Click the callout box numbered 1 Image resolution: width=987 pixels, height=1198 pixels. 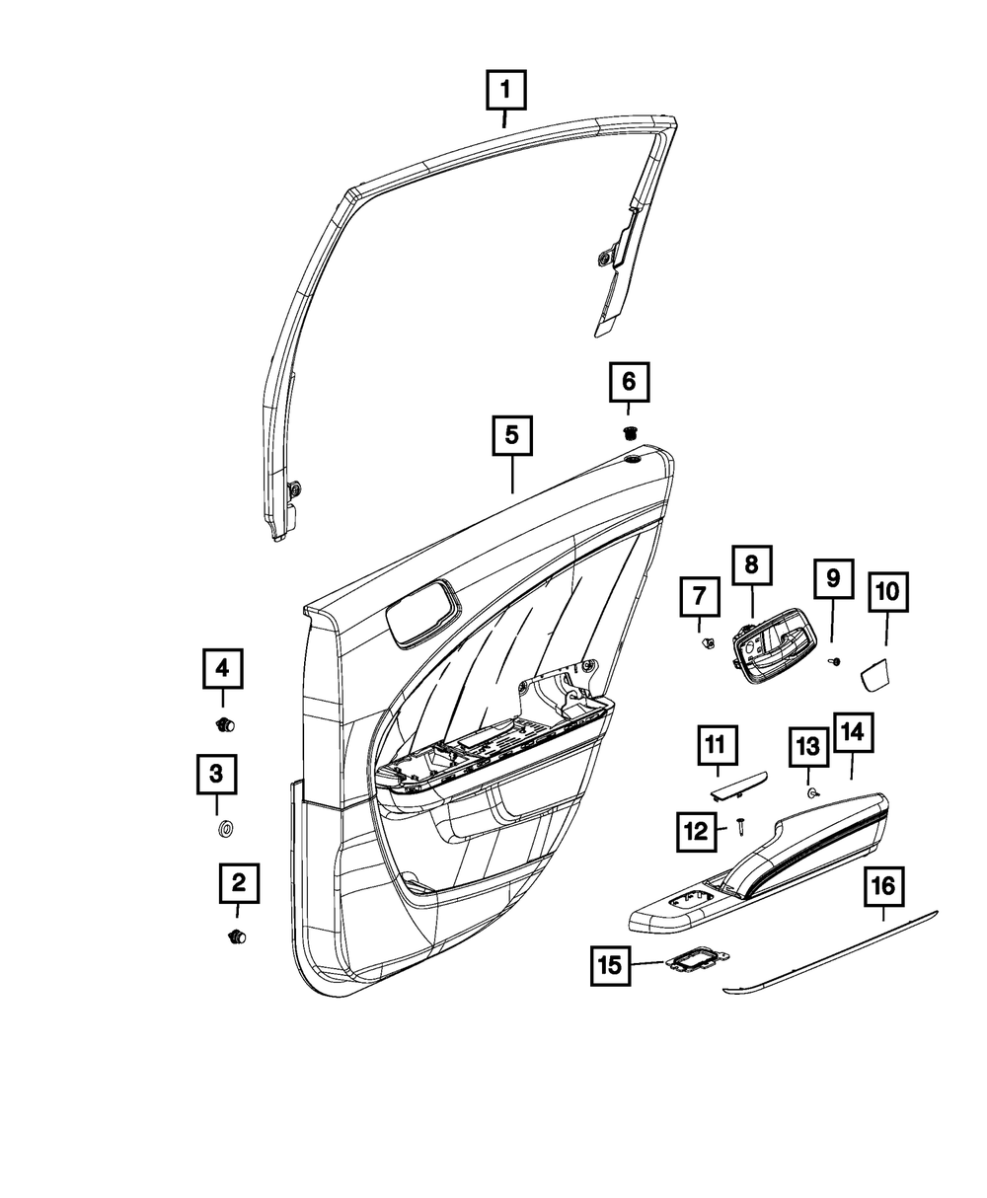504,93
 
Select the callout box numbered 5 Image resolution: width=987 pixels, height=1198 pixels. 512,436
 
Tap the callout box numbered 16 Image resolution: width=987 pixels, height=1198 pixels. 882,886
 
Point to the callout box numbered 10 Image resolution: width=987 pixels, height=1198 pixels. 886,592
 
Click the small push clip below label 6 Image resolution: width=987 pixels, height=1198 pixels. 630,430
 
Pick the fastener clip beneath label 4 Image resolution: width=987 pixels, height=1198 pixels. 225,726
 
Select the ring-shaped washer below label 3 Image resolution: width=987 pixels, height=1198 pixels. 224,827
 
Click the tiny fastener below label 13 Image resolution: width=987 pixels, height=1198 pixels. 810,792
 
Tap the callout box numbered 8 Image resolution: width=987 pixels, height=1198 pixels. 751,564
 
